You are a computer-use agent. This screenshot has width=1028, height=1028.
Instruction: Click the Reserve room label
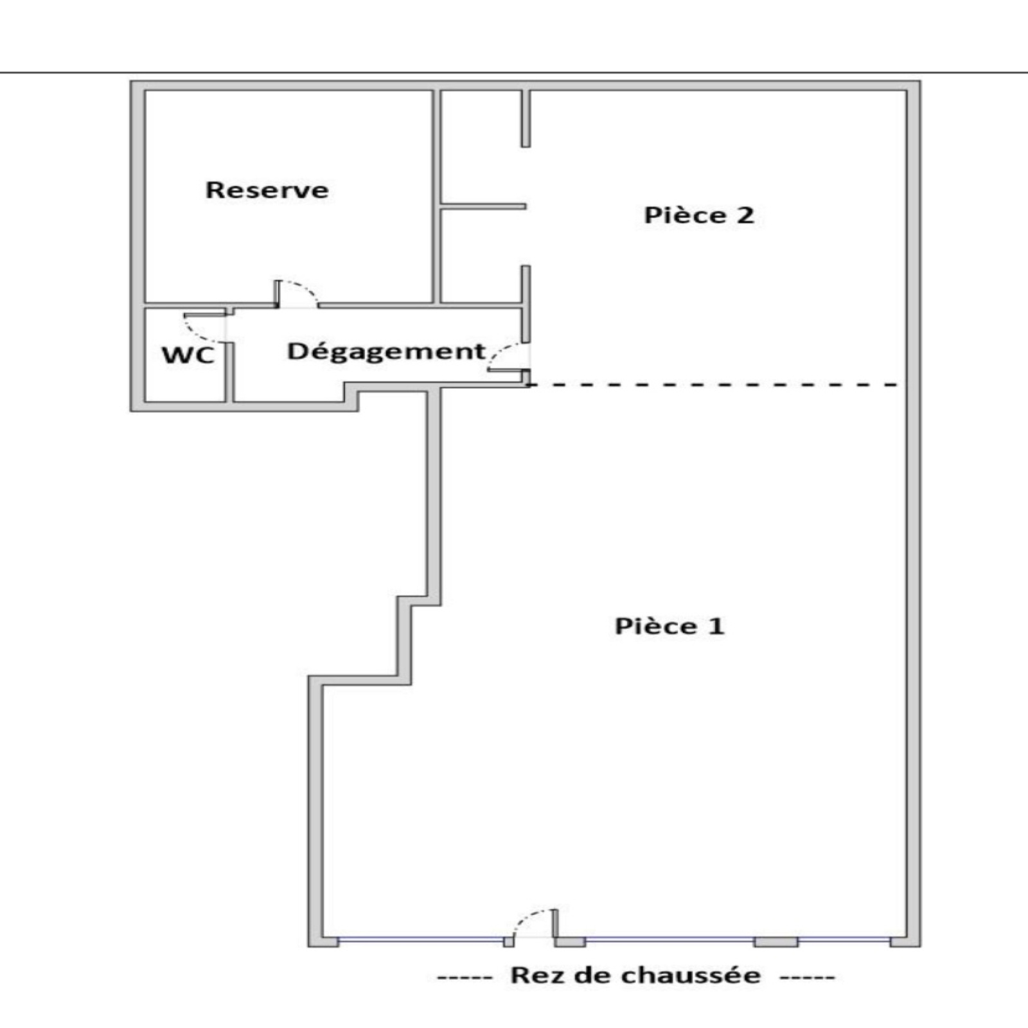click(267, 190)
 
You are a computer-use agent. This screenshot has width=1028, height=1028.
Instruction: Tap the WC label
click(188, 355)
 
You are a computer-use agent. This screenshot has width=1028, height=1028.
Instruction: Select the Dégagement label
click(386, 352)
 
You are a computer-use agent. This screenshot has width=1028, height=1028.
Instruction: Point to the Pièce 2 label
click(699, 215)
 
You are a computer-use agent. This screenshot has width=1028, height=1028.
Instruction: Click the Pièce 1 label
click(670, 626)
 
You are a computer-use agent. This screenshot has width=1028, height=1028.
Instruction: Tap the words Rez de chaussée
click(635, 975)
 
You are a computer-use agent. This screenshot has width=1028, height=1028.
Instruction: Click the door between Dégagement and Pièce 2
click(509, 357)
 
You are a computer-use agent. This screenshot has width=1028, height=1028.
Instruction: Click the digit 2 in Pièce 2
click(745, 215)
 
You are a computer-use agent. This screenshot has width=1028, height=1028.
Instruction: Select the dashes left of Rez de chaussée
click(465, 978)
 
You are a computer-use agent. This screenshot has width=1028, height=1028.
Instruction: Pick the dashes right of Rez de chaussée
click(808, 978)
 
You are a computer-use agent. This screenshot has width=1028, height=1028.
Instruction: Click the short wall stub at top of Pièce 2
click(526, 119)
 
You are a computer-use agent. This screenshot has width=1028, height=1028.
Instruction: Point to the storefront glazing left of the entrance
click(421, 940)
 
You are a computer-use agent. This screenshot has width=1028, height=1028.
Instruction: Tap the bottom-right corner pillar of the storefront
click(905, 941)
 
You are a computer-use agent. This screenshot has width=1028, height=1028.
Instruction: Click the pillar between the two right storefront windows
click(776, 942)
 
